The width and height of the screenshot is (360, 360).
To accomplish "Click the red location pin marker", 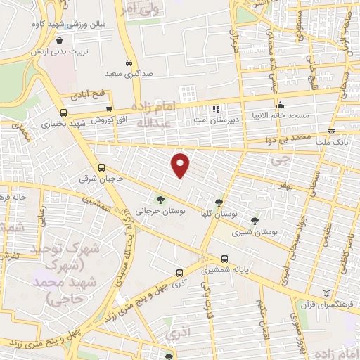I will (x=181, y=165).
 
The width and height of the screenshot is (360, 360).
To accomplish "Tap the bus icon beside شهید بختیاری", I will (x=64, y=112).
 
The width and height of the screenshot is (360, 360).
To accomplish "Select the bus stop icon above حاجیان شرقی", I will (x=103, y=168).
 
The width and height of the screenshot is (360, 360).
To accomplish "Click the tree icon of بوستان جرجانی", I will (x=161, y=200).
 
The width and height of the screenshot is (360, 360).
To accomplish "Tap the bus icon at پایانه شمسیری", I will (x=224, y=259).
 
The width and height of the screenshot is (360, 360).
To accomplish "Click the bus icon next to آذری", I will (x=179, y=272).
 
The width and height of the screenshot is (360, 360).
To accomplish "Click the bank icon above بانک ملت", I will (x=332, y=132).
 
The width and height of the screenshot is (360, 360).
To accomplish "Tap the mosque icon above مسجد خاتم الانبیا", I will (x=279, y=105).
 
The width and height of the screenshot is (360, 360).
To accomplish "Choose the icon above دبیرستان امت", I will (x=216, y=109).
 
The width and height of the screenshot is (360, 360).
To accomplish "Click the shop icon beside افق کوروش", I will (x=109, y=108).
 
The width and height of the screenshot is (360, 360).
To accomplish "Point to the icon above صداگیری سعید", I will (x=129, y=62).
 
